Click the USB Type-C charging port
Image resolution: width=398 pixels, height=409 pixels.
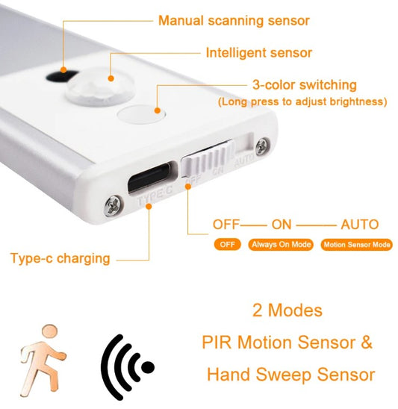[x=152, y=178]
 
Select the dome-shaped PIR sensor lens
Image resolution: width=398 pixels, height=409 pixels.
[x=100, y=85]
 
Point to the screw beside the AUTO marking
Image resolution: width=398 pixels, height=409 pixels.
[x=262, y=146]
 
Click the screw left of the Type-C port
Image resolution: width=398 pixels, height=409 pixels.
[x=114, y=205]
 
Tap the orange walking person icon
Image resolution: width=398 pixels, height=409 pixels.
[x=43, y=360]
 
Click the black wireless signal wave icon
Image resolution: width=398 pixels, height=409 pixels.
[x=127, y=367]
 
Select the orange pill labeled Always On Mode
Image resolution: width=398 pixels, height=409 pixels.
[x=281, y=245]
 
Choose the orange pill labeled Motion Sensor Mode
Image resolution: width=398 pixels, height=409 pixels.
[x=356, y=245]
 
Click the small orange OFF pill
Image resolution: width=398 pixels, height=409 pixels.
[x=227, y=245]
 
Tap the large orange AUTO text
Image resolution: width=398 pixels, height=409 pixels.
[x=360, y=225]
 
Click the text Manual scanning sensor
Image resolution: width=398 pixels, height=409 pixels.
[x=234, y=21]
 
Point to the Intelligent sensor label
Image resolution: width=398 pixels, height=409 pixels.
[x=259, y=53]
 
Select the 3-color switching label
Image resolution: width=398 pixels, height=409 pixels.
[x=305, y=85]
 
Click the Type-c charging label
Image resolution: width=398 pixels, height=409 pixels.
[x=60, y=259]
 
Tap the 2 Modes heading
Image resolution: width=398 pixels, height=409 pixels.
[x=287, y=310]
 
